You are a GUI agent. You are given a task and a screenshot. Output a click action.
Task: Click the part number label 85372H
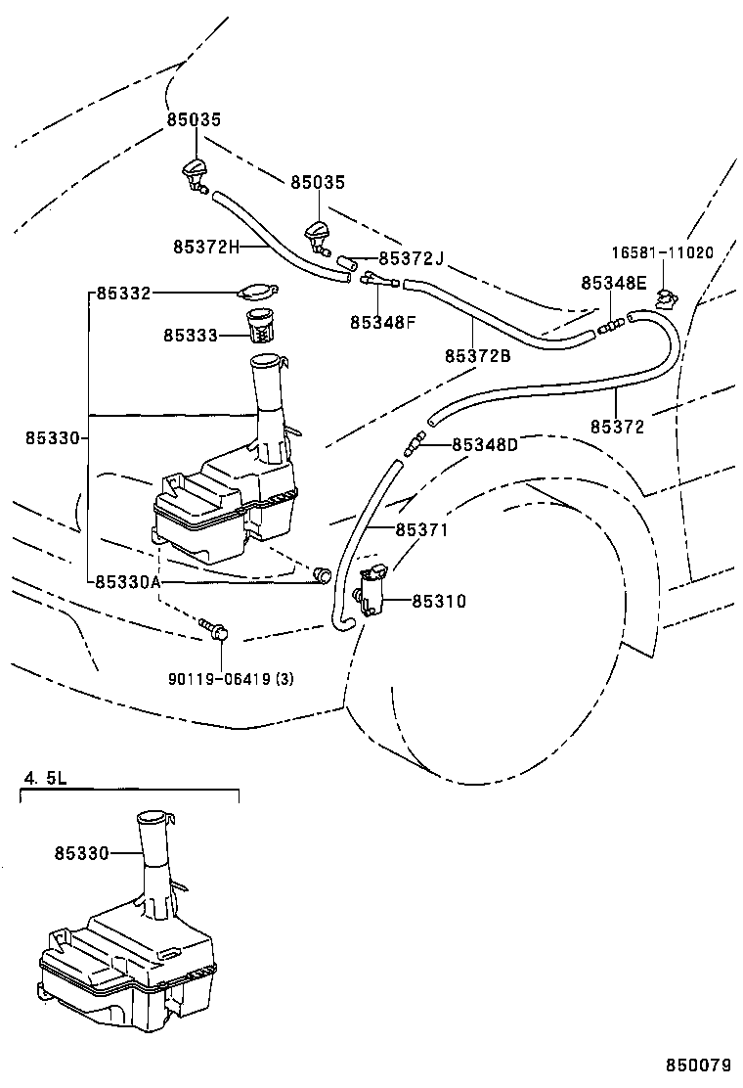point(206,247)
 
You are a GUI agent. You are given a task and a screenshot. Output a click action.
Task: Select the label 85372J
point(411,258)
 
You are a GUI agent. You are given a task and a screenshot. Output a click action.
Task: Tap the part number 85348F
point(382,321)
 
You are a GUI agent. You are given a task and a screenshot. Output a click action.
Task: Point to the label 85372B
point(477,356)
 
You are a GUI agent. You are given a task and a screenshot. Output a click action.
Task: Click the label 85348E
point(613,282)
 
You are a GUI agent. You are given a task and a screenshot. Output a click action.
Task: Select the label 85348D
point(485,444)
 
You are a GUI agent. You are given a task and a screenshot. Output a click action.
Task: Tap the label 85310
point(439,602)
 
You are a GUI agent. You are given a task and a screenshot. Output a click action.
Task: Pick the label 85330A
point(128,581)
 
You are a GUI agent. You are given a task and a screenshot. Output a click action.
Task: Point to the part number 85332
point(122,293)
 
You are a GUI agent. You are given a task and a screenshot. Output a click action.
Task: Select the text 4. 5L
point(45,780)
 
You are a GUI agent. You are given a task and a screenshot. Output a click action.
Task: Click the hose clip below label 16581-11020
point(667,297)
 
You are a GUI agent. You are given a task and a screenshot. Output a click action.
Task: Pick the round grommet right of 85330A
point(322,575)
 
